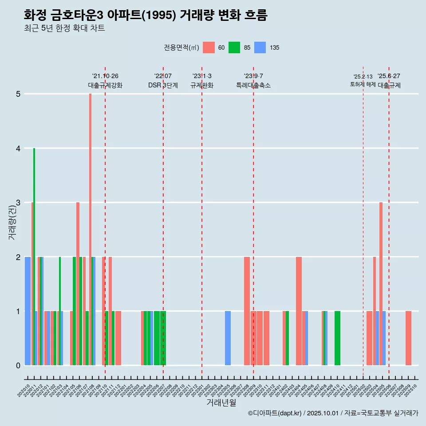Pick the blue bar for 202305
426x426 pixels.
(x=228, y=338)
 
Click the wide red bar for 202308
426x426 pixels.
(x=247, y=311)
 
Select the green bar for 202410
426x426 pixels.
(x=337, y=338)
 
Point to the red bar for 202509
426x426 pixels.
(x=408, y=338)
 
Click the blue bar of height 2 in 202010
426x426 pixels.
(x=28, y=311)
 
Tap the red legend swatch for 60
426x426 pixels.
(x=209, y=47)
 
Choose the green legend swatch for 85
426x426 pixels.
(x=234, y=47)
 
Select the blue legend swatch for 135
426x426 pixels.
(x=260, y=47)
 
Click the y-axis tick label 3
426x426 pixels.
(x=18, y=203)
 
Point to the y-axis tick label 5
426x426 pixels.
(x=18, y=94)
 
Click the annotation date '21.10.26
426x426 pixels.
(x=105, y=76)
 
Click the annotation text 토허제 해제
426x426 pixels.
(x=363, y=84)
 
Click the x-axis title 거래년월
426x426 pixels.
(x=221, y=402)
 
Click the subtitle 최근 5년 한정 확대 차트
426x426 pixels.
(x=64, y=28)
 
